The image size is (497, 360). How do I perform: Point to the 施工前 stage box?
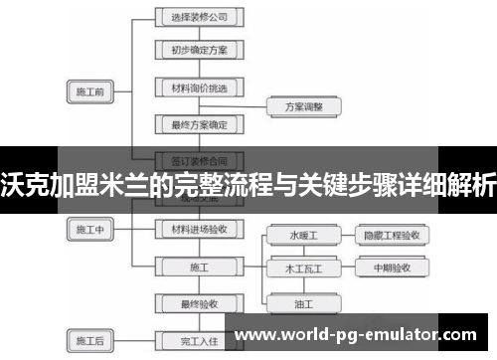[x=90, y=92]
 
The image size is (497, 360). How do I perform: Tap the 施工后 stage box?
[x=90, y=340]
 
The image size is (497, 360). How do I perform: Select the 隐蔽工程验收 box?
[x=393, y=236]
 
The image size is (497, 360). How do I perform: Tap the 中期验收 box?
[x=393, y=269]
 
